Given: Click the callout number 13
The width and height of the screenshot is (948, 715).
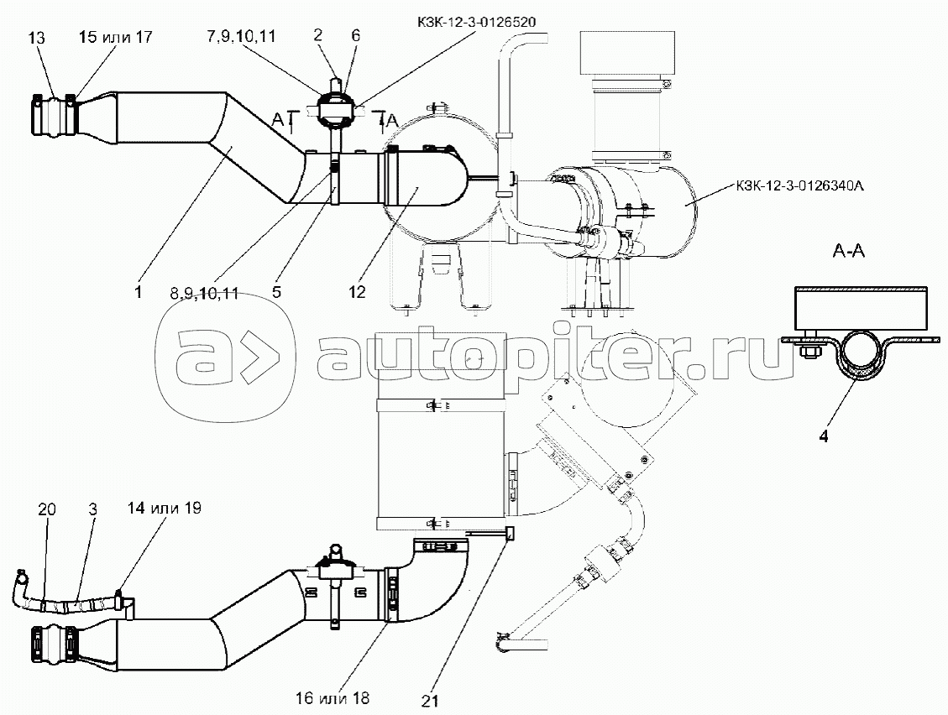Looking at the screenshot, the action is (36, 38).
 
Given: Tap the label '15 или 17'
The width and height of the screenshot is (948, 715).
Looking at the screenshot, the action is (116, 37).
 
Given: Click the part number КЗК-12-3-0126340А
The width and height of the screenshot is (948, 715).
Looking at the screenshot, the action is (800, 186).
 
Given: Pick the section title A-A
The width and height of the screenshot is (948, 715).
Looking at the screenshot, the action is (849, 250).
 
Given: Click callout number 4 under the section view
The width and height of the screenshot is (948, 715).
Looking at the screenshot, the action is (824, 436).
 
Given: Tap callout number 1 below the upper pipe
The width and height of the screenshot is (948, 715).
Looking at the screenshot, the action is (139, 293).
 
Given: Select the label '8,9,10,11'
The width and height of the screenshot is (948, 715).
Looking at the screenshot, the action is (204, 294).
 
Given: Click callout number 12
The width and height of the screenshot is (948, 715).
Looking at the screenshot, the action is (358, 292).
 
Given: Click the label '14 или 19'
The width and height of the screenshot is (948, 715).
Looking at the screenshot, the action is (165, 508).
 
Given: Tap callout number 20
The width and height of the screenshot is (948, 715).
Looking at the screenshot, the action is (46, 509).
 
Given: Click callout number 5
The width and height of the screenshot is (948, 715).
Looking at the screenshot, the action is (276, 293).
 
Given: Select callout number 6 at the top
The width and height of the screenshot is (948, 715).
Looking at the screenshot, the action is (355, 35).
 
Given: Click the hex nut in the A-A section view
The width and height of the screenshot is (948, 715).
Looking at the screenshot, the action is (808, 350).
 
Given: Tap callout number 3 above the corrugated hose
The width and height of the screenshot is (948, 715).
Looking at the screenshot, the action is (92, 509).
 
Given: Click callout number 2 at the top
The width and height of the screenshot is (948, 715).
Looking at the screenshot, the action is (318, 35).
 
